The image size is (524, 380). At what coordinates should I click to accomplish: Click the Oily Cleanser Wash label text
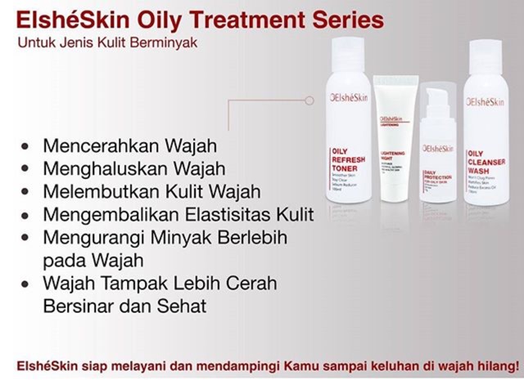pyautogui.click(x=486, y=163)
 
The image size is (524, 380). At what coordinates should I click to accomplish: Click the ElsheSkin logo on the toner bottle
pyautogui.click(x=348, y=101)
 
